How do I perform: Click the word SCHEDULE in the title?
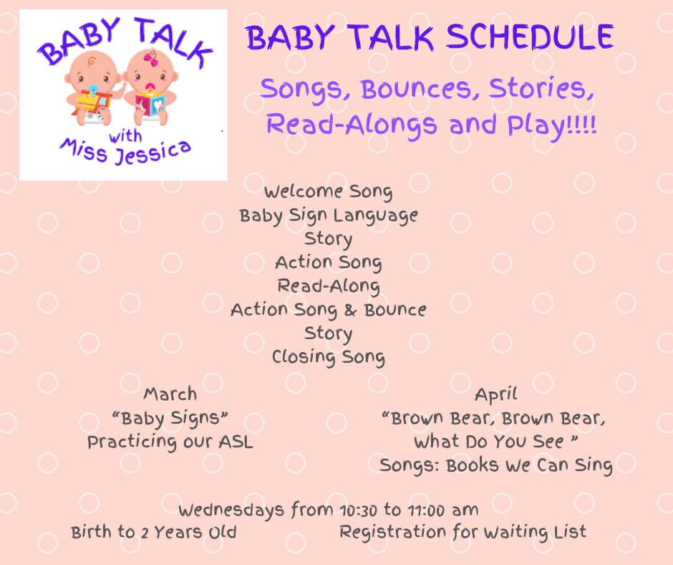pos(530,37)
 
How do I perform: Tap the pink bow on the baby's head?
pos(150,59)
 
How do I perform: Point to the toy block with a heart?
pos(150,104)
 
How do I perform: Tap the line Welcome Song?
pos(329,191)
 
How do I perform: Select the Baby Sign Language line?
pos(329,215)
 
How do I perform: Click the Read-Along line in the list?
pos(329,286)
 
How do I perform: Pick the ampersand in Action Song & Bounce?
pos(350,310)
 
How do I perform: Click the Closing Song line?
pos(329,357)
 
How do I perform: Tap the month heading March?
pos(170,394)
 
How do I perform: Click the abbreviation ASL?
pos(236,442)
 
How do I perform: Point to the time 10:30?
pos(358,511)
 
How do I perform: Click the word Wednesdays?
pos(231,511)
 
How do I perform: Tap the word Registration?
pos(393,532)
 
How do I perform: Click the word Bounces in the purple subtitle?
pos(416,90)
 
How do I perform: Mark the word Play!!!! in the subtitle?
pos(552,125)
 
